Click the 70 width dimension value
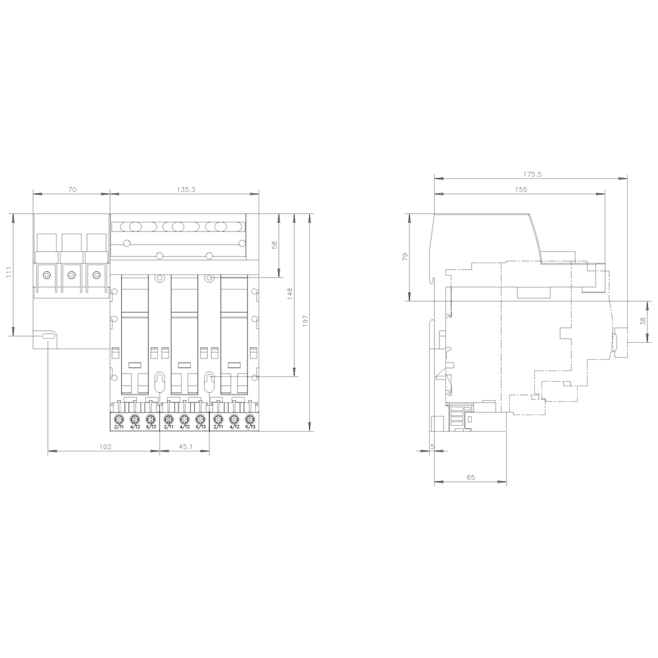pos(72,189)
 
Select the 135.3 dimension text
pos(186,189)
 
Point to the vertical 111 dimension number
pos(9,273)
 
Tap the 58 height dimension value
pos(275,245)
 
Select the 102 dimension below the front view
pos(105,446)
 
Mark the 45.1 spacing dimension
pos(185,446)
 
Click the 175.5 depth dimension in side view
pos(532,174)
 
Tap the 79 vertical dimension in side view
pos(405,256)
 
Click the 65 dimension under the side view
pos(470,478)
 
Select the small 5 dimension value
pos(432,446)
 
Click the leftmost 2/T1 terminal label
pos(119,427)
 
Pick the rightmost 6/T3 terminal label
pos(249,427)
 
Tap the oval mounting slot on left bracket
pos(48,336)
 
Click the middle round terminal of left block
pos(72,274)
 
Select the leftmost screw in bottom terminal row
pos(120,419)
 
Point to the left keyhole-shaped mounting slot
pos(159,380)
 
